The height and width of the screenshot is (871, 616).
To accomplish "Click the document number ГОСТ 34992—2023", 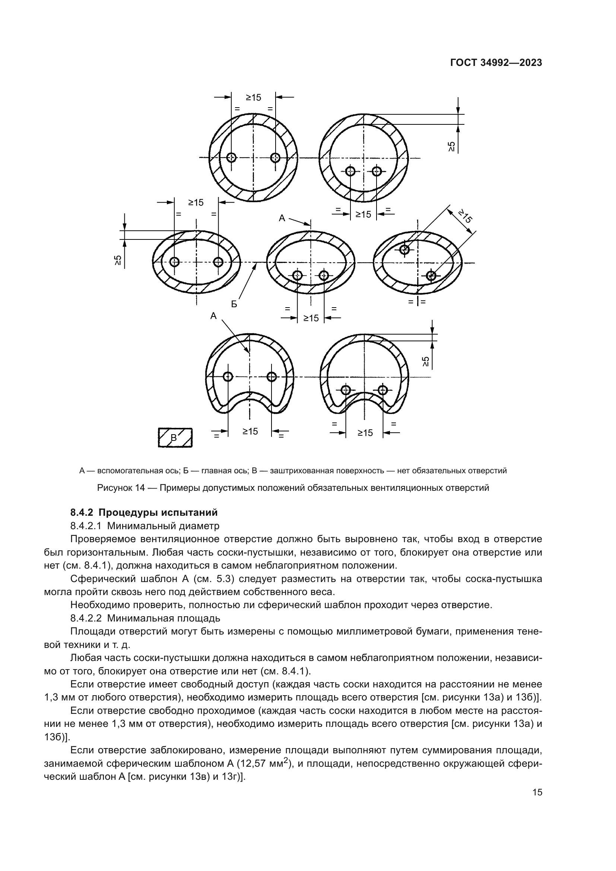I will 496,63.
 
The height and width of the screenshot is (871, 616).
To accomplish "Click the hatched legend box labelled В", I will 175,438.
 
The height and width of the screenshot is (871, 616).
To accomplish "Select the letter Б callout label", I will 234,304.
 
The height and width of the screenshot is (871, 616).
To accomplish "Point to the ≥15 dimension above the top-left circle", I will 253,98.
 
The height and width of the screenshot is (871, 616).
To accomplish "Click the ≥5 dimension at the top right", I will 452,146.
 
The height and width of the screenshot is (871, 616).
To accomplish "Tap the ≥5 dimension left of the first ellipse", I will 118,260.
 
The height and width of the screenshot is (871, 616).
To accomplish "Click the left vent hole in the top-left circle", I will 231,158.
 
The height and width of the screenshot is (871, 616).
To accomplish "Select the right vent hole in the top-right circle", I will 376,171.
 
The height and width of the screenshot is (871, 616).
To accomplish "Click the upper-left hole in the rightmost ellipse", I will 405,249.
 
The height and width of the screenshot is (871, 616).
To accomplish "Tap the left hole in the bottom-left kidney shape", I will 228,376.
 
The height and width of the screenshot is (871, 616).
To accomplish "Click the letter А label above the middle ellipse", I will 282,218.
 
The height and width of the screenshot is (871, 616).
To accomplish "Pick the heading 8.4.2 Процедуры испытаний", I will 144,512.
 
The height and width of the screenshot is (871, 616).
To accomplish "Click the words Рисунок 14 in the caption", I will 121,488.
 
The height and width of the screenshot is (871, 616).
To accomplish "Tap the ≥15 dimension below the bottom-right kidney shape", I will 365,433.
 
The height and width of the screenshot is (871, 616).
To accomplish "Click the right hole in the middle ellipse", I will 324,276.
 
